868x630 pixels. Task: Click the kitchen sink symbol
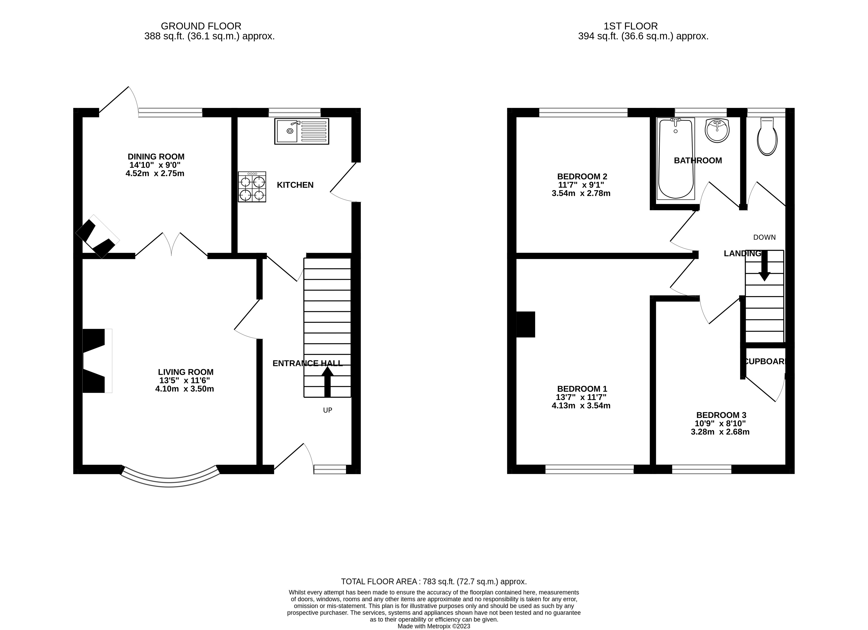pos(301,131)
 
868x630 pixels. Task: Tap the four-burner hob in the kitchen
pos(252,187)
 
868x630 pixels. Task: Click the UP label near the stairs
pos(328,410)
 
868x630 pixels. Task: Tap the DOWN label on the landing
pos(764,237)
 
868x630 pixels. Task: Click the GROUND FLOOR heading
pos(201,26)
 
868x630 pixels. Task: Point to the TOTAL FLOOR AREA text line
pos(434,582)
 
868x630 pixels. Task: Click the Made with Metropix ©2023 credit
pos(434,627)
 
